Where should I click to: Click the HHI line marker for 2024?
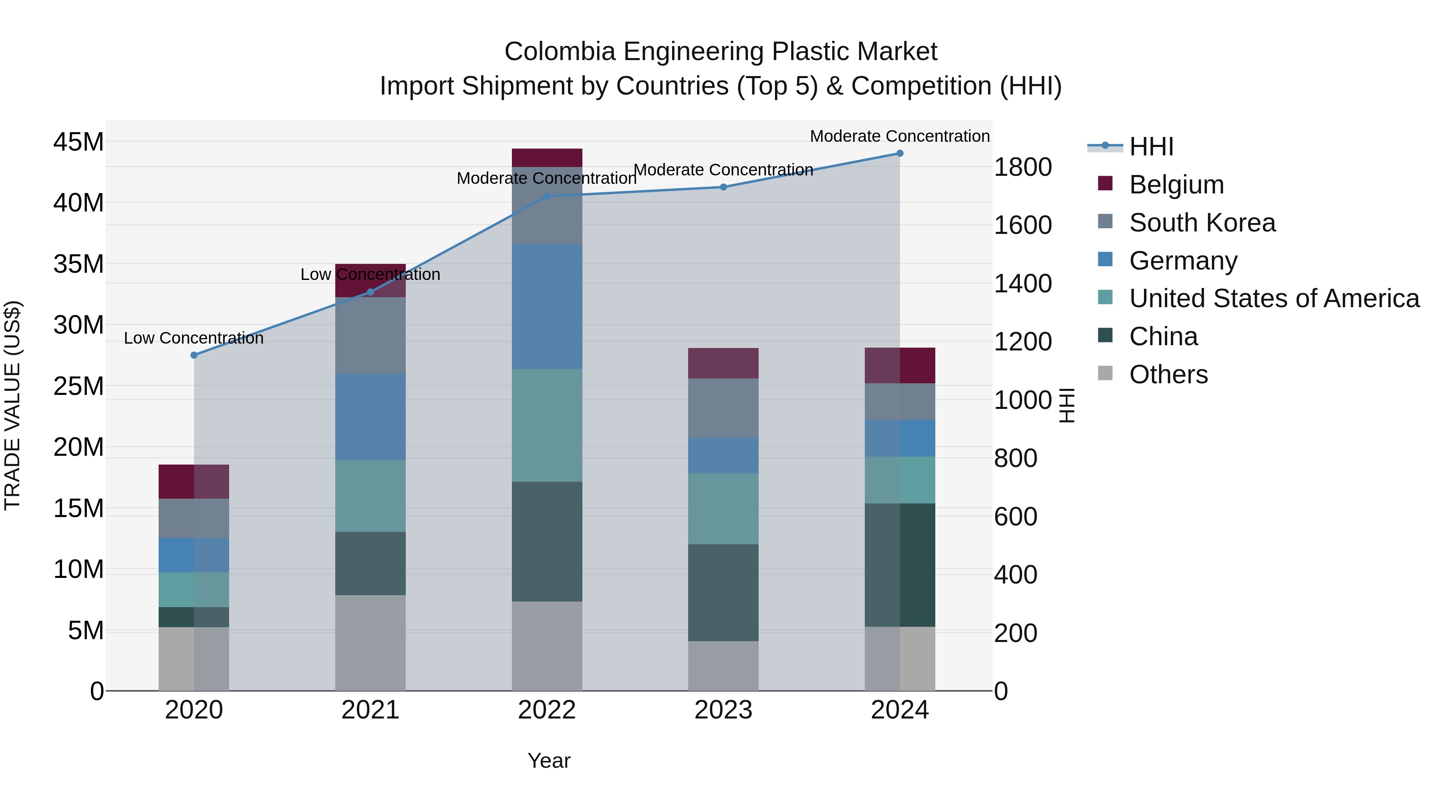point(900,153)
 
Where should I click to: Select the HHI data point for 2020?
point(194,355)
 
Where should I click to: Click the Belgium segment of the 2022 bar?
point(547,158)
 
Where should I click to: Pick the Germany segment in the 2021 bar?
point(370,417)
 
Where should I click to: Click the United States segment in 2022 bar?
point(547,425)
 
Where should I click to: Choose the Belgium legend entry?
point(1176,185)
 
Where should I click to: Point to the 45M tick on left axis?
point(79,142)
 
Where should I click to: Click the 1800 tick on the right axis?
point(1022,167)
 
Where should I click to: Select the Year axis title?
point(549,761)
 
